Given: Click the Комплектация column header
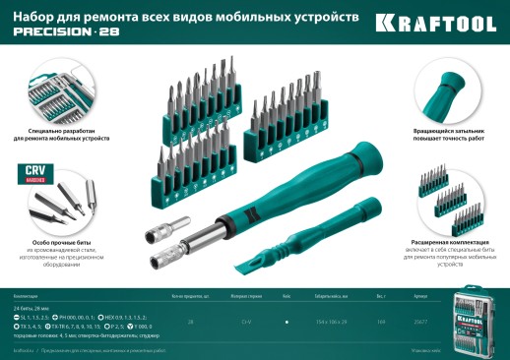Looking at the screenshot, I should [x=27, y=296].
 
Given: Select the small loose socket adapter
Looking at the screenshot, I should [x=157, y=236].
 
